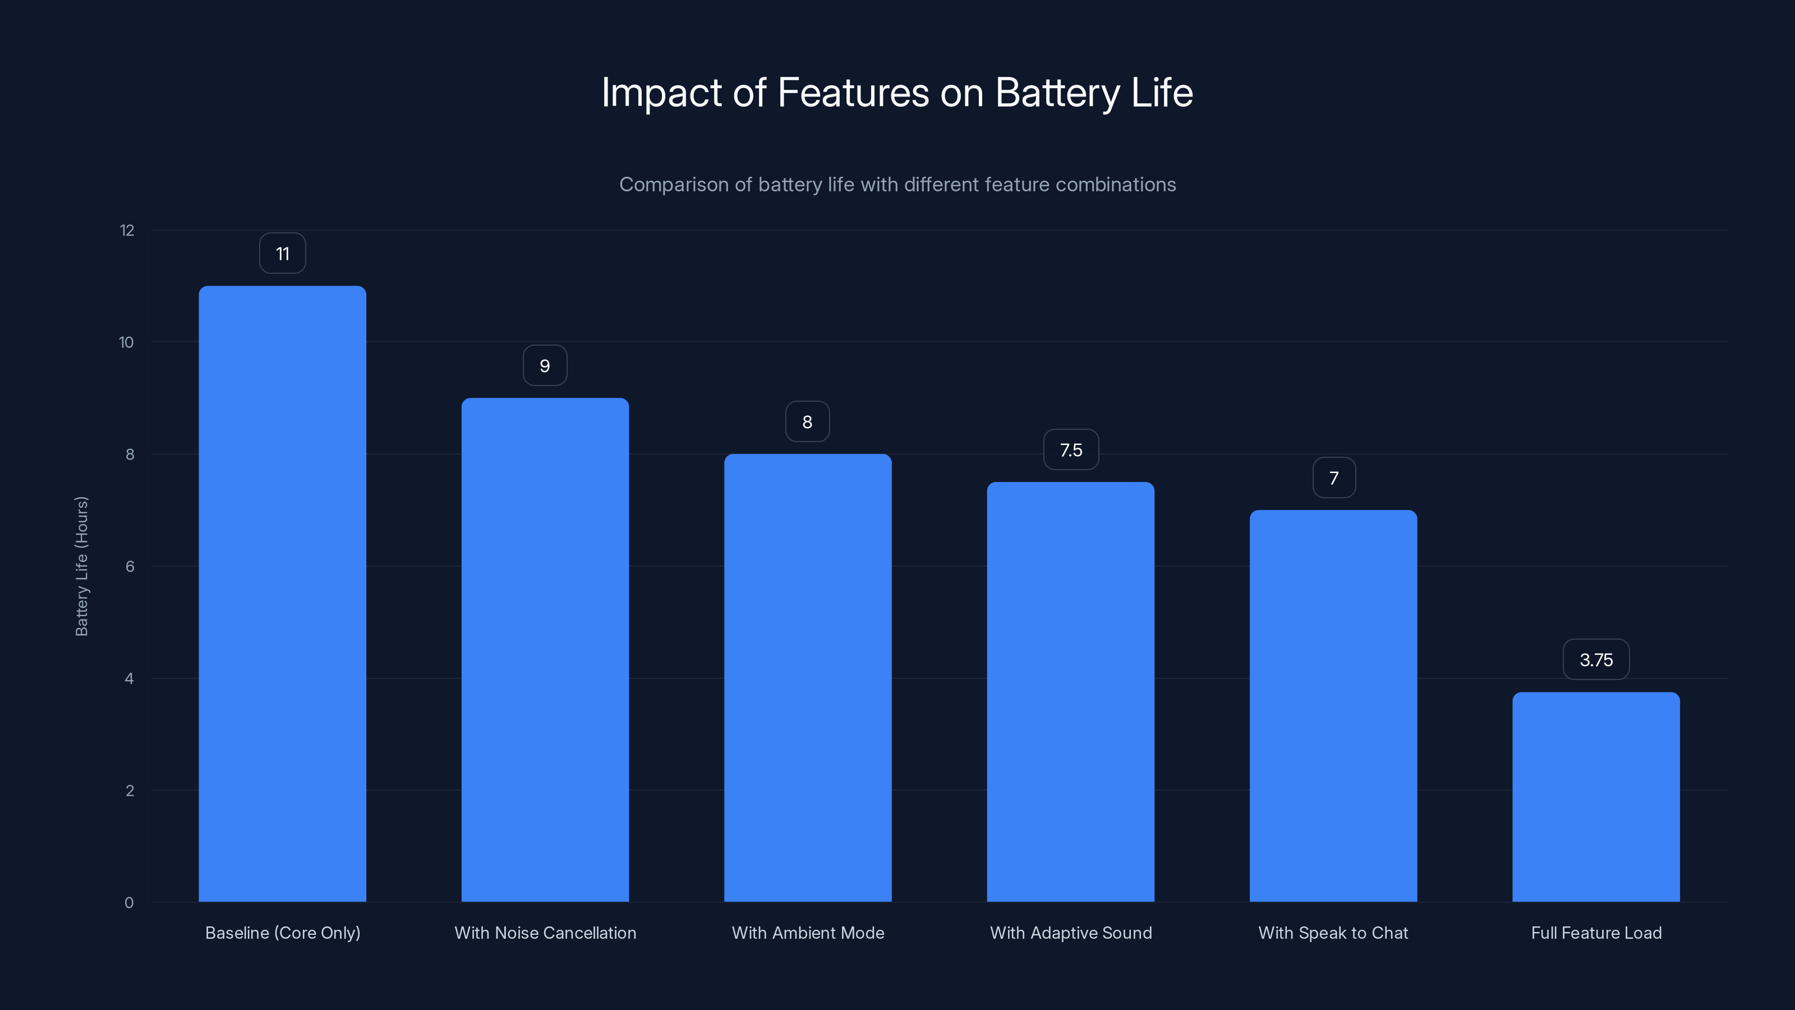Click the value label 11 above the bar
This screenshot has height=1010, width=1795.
(x=282, y=254)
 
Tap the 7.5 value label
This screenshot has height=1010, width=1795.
(x=1071, y=450)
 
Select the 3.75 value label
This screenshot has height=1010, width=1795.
(x=1596, y=660)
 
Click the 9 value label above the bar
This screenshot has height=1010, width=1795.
(x=545, y=366)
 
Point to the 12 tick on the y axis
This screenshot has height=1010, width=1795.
(x=127, y=231)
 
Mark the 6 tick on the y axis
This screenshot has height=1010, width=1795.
(x=130, y=567)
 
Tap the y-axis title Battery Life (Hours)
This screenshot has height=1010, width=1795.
(x=81, y=566)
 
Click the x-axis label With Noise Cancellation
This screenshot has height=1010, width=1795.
(x=545, y=933)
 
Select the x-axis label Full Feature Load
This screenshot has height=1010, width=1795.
(x=1596, y=933)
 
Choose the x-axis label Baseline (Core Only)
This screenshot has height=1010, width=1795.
(x=282, y=933)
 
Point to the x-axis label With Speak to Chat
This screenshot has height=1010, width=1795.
(x=1333, y=933)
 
